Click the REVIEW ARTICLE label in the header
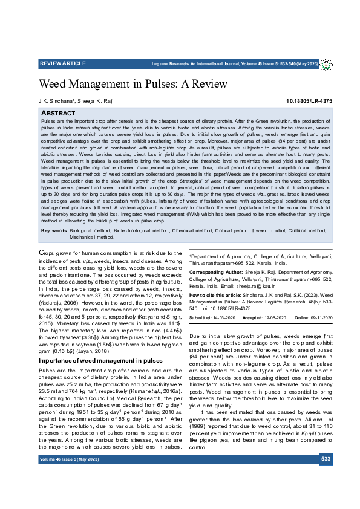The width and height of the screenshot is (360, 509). tap(62, 63)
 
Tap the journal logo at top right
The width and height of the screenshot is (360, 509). tap(326, 64)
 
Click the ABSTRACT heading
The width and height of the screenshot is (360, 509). tap(58, 113)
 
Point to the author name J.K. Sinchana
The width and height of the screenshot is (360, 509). tap(56, 101)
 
